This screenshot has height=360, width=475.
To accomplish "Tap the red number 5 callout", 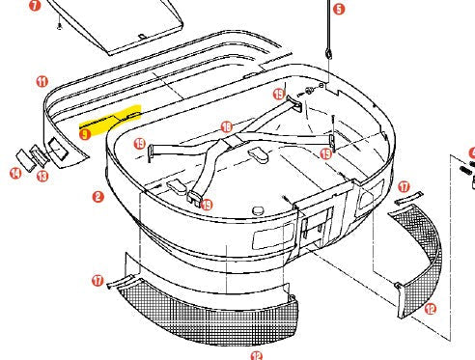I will (x=337, y=9).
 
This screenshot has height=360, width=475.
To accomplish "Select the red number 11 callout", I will (x=42, y=81).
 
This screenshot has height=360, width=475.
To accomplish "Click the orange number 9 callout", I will (x=86, y=135).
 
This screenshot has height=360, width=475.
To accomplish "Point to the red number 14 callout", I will (x=15, y=174).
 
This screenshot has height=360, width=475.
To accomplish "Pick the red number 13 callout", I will (x=42, y=177).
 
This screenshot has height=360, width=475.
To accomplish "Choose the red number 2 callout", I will (x=98, y=197).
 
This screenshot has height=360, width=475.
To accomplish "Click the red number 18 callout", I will (x=226, y=127).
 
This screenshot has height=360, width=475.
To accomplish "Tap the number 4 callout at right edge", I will (x=472, y=152).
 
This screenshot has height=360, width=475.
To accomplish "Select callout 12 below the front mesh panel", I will (x=256, y=355).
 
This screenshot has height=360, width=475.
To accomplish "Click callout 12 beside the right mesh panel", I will (x=431, y=309).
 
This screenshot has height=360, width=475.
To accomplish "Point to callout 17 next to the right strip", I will (x=404, y=186).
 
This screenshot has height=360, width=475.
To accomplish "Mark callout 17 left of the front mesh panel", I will (x=98, y=280).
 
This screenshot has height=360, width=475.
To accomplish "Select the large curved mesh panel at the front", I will (x=212, y=309).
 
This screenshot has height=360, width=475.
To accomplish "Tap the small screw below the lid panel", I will (x=59, y=27).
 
